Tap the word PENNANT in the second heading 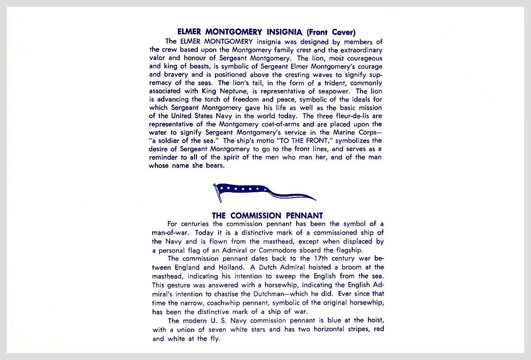[299, 216]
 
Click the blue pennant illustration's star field [239, 188]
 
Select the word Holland [233, 267]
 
